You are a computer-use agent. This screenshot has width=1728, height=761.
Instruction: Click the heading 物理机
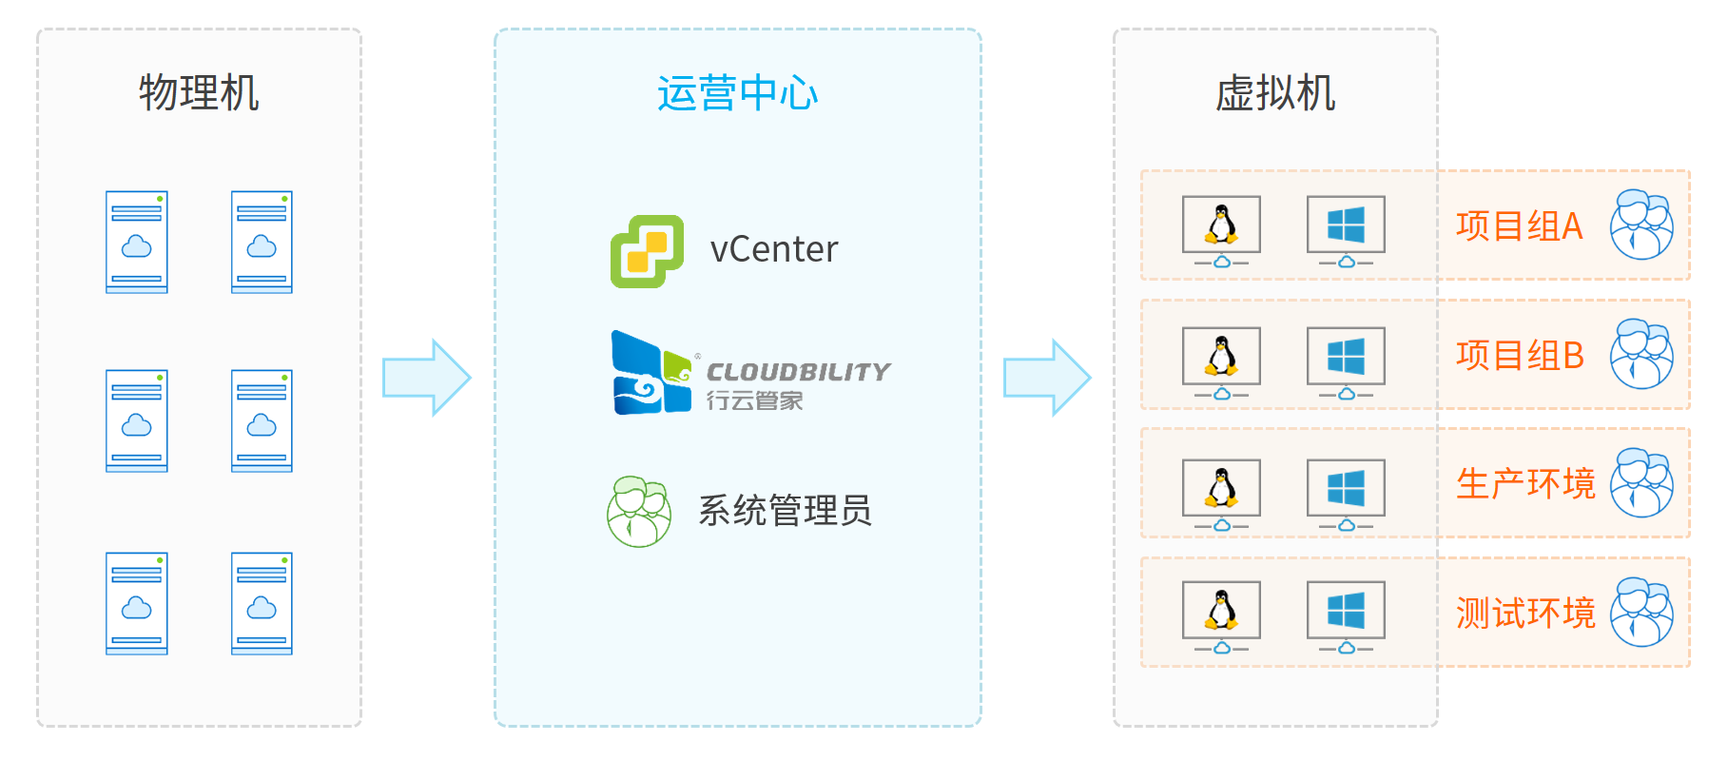[x=199, y=93]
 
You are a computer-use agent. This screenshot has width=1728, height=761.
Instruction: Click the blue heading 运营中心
[x=737, y=93]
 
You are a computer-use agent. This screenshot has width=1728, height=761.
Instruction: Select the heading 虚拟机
[x=1274, y=93]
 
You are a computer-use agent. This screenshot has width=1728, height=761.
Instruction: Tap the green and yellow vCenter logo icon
[x=647, y=251]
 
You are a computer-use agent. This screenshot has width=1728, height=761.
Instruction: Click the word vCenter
[x=774, y=250]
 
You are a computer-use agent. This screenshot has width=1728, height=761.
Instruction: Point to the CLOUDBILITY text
[x=798, y=372]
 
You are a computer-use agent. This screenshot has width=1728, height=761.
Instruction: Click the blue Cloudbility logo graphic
[x=650, y=374]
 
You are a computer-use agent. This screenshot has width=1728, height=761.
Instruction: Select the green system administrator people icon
[x=639, y=512]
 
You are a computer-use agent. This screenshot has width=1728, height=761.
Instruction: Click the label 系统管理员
[x=785, y=511]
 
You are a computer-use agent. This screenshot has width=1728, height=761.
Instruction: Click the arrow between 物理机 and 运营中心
[x=426, y=378]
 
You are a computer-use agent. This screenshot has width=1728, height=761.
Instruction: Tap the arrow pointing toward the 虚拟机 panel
[x=1047, y=378]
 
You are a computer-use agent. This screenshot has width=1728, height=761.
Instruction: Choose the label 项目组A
[x=1519, y=226]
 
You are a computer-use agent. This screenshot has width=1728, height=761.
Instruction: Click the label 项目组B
[x=1519, y=356]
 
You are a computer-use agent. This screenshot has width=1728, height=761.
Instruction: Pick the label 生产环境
[x=1525, y=484]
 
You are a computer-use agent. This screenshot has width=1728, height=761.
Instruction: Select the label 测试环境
[x=1525, y=614]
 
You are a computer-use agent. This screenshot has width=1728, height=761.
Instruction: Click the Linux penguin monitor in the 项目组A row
[x=1221, y=229]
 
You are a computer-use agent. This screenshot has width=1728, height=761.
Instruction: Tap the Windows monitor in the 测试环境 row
[x=1346, y=615]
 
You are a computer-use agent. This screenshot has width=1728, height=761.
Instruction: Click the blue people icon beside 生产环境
[x=1641, y=483]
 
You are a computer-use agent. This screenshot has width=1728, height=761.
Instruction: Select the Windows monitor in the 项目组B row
[x=1346, y=361]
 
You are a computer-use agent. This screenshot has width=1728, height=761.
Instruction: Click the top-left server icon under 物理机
[x=137, y=242]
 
